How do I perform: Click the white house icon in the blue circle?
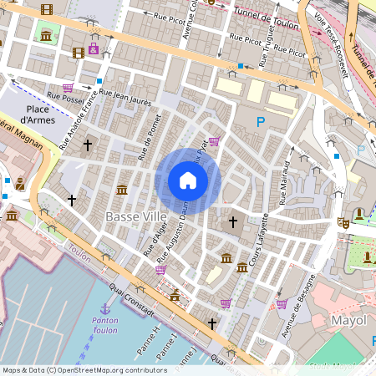tap(188, 180)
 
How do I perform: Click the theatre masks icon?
tap(342, 223)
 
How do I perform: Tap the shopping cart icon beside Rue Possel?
tap(68, 87)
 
